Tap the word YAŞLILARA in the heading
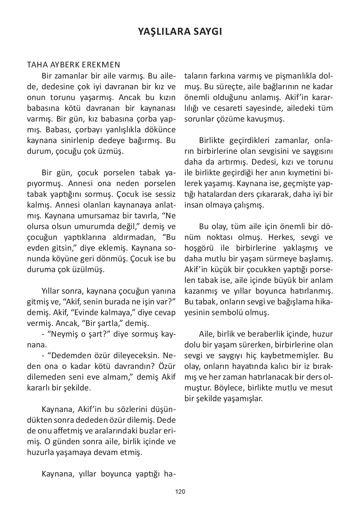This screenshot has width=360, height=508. pyautogui.click(x=160, y=32)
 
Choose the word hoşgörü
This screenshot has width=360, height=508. pyautogui.click(x=199, y=248)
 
